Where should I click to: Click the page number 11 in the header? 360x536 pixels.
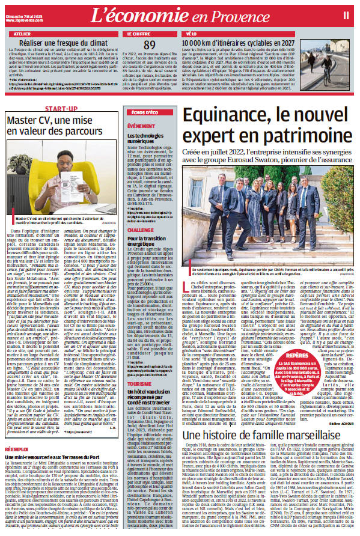[x=347, y=13]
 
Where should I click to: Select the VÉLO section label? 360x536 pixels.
[x=192, y=35]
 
